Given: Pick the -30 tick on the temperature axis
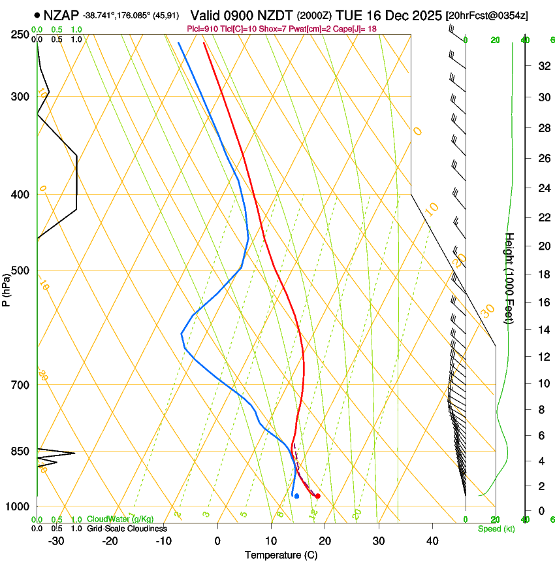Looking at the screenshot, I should tap(56, 540).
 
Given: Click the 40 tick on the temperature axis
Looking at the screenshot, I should tap(432, 540).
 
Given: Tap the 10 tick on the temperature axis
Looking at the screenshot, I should tap(270, 540).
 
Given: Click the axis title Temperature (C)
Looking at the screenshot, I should tap(281, 555).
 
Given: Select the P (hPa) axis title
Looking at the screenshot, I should tap(7, 288).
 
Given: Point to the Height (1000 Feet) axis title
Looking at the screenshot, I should tap(510, 278).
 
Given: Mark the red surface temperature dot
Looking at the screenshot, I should tap(318, 496).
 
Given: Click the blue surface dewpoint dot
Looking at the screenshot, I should tap(296, 496).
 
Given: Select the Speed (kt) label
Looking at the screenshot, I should tap(496, 529).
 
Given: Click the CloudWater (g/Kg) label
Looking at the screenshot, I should tap(120, 520).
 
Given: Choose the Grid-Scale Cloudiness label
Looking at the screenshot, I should tap(126, 529).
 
